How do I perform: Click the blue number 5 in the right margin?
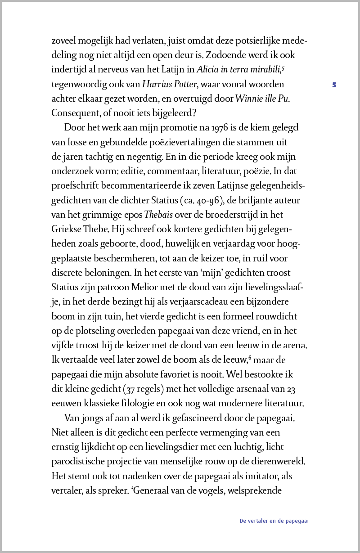click(x=334, y=84)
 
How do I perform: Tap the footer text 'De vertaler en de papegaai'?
click(x=274, y=521)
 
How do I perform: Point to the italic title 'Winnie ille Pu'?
click(x=262, y=99)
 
